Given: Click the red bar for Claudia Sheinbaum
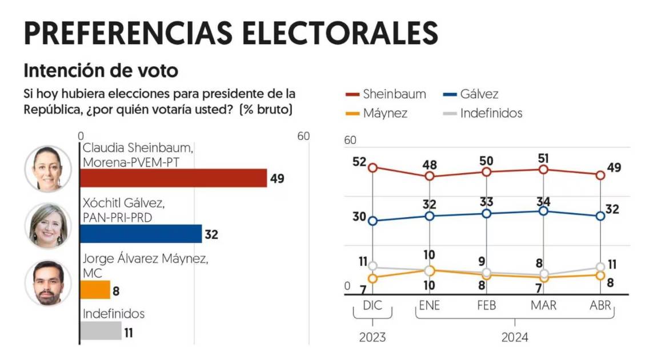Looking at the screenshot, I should (173, 178).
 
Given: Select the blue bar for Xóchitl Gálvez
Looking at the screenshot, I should (141, 234).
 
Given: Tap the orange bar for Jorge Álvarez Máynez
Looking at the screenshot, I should (95, 290).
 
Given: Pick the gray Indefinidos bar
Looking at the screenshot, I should (101, 331).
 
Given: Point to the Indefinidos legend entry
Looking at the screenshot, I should (483, 113).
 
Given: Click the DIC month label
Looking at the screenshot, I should (372, 306).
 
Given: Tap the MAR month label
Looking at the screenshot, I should (543, 306).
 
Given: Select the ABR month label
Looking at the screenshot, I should (600, 306).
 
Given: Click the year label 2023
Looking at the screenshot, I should (372, 338).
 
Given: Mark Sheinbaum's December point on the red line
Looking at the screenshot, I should (372, 167).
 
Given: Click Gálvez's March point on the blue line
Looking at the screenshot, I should (543, 211).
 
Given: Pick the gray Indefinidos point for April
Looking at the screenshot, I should (600, 267).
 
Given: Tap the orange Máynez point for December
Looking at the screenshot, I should (372, 278).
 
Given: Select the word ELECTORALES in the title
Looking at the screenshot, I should (338, 33).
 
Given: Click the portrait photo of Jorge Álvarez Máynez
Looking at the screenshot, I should (48, 282).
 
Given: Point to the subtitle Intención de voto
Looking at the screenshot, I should (101, 71).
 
